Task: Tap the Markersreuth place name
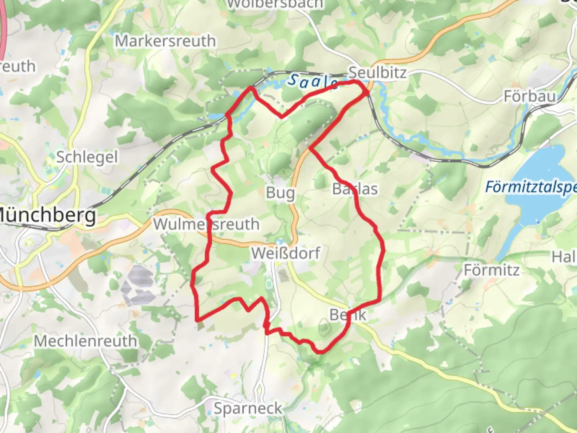[165, 41]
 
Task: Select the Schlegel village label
[87, 157]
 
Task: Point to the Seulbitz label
[377, 73]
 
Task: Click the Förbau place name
[529, 96]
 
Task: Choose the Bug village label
[280, 193]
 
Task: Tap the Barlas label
[355, 188]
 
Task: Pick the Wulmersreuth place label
[206, 224]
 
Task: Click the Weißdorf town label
[286, 253]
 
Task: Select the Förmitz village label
[491, 270]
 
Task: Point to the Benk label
[348, 315]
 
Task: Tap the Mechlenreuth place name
[85, 341]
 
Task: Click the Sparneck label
[248, 408]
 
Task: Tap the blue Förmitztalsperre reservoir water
[537, 168]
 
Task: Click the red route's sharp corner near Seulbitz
[367, 92]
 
